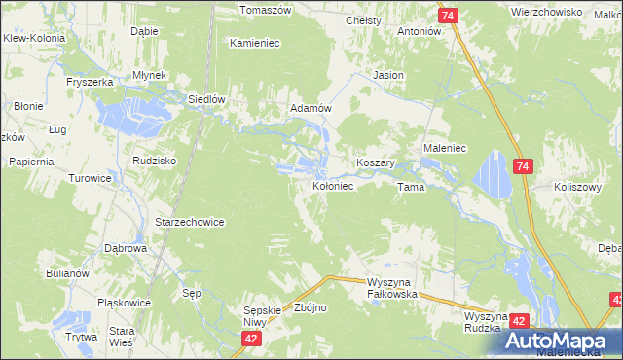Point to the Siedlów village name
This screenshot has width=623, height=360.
click(x=206, y=99)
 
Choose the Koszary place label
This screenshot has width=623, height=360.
click(x=375, y=163)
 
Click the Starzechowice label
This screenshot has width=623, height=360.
click(x=190, y=222)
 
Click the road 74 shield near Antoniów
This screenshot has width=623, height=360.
click(x=448, y=17)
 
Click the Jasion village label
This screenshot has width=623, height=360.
click(x=388, y=75)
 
